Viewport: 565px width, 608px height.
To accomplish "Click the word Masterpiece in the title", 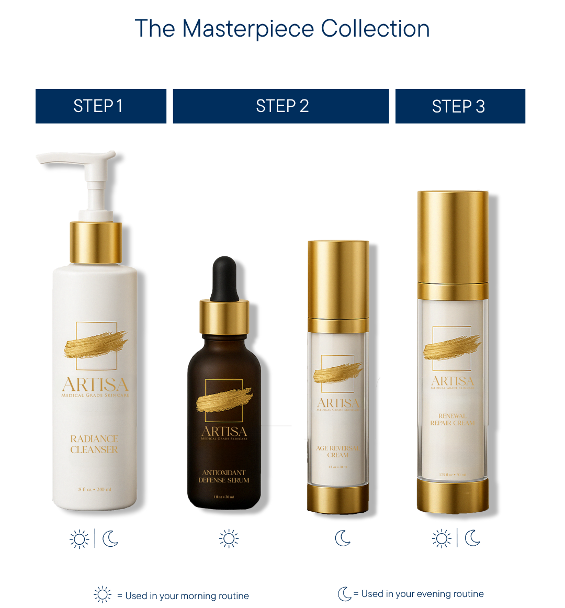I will tap(248, 29).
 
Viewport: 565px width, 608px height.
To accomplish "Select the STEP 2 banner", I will tap(281, 106).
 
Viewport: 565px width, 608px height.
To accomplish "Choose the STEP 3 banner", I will tap(460, 106).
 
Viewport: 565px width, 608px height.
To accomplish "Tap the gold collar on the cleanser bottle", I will tap(96, 242).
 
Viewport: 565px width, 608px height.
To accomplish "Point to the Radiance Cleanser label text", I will tap(94, 444).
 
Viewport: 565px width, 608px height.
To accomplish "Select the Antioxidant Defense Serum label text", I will tap(224, 476).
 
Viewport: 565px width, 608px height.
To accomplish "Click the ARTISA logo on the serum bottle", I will tap(224, 432).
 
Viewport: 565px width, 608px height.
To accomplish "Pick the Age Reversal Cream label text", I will tap(338, 452).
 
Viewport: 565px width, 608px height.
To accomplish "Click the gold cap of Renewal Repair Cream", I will tap(453, 235).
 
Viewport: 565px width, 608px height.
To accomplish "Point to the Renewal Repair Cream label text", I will tap(453, 419).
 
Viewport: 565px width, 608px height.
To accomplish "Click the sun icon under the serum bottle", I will tap(229, 538).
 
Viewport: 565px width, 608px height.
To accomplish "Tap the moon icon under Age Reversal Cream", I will tap(343, 538).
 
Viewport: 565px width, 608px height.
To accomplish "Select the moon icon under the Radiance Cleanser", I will tap(110, 538).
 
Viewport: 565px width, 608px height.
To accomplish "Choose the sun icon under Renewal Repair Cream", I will tap(441, 538).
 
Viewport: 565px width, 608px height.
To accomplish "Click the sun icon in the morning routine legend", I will tap(103, 595).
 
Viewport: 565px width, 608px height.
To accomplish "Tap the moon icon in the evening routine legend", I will tap(344, 594).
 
